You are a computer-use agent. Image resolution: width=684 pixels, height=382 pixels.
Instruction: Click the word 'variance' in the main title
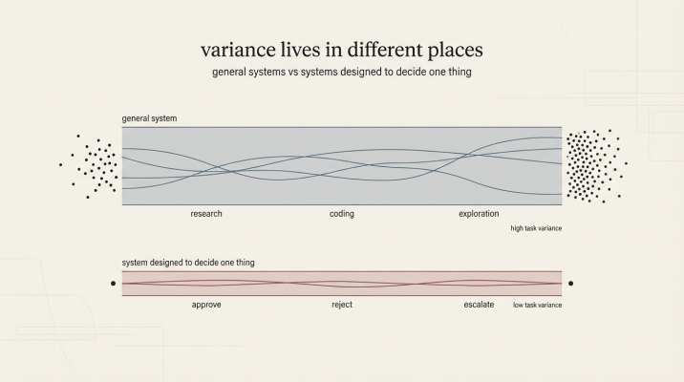click(x=235, y=49)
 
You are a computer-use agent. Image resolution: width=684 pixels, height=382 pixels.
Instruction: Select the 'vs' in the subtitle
click(x=297, y=72)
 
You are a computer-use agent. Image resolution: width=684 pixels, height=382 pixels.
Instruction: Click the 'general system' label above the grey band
click(x=149, y=118)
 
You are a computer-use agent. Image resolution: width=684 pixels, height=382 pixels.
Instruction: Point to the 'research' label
click(x=206, y=214)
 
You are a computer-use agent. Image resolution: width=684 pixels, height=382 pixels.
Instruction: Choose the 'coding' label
click(x=342, y=214)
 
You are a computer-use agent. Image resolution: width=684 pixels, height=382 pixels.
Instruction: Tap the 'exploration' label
click(x=479, y=214)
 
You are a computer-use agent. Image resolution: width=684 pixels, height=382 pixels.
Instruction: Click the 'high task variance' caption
click(x=536, y=229)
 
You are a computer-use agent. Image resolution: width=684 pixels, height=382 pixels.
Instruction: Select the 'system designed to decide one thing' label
click(x=188, y=262)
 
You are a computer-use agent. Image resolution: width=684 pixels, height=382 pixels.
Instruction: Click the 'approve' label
click(x=206, y=305)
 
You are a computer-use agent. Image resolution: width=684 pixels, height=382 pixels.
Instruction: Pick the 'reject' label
click(x=342, y=305)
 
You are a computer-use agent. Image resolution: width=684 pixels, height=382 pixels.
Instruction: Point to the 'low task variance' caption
click(x=538, y=305)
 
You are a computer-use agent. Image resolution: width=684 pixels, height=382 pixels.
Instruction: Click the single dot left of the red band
click(x=114, y=284)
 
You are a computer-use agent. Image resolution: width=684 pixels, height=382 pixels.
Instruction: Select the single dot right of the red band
click(x=570, y=284)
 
